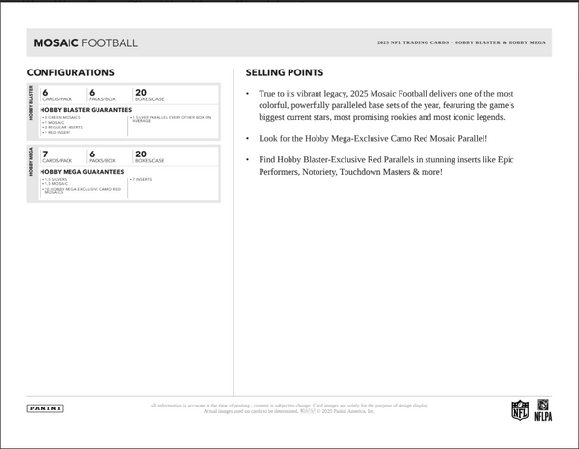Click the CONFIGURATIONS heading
click(69, 72)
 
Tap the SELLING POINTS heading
click(285, 72)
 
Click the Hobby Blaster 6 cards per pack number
click(45, 92)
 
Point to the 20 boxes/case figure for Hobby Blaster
click(141, 92)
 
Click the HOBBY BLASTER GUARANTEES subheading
click(87, 109)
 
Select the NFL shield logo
click(519, 409)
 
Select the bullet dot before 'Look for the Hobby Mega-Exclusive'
click(249, 138)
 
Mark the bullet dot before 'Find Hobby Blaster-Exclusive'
click(249, 158)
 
